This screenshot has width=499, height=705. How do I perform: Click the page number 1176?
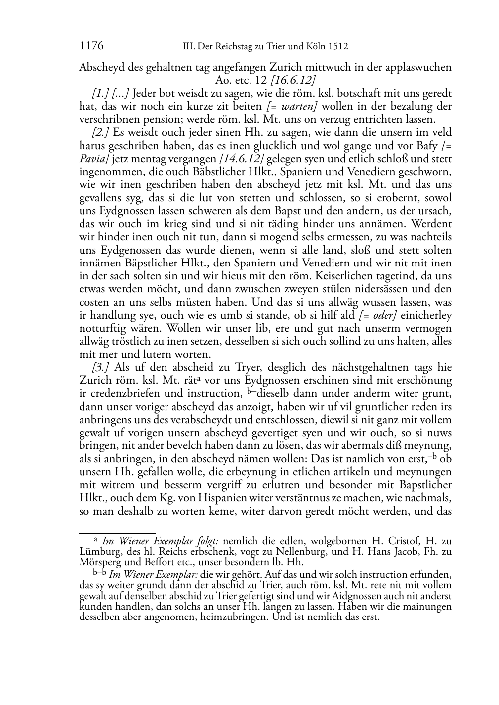(x=91, y=46)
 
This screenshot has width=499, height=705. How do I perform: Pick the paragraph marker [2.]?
(x=102, y=132)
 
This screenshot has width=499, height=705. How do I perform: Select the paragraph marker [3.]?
(x=102, y=367)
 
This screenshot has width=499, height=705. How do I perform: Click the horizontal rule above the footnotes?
(x=117, y=532)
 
